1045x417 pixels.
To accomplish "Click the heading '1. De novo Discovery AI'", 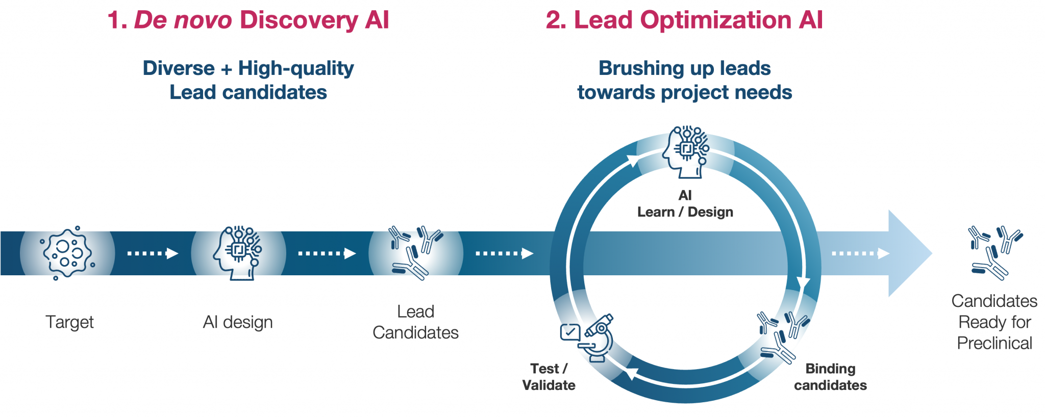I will click(x=248, y=20).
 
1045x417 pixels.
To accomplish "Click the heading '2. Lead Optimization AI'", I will click(x=684, y=20).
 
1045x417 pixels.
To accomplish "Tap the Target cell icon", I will click(x=67, y=253).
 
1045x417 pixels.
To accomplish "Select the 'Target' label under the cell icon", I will click(x=69, y=322).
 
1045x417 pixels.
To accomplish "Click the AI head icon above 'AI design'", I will click(x=238, y=253).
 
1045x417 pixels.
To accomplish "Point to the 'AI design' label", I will click(x=238, y=322).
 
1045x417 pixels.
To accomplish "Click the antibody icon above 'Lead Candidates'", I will click(x=415, y=253).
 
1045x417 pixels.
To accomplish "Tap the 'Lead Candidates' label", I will click(x=415, y=322).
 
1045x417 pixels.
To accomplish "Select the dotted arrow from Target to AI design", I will click(x=153, y=253).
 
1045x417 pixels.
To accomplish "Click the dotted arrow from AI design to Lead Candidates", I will click(x=327, y=253).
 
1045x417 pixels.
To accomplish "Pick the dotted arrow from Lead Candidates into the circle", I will click(x=504, y=253).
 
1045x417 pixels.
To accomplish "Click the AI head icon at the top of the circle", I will click(x=685, y=152).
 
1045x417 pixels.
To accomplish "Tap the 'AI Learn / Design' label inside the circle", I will click(x=685, y=204).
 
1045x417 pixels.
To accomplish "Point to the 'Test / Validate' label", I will click(x=549, y=377).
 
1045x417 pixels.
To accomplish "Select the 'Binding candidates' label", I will click(x=830, y=377).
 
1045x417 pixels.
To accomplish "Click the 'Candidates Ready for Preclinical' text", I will click(x=994, y=322).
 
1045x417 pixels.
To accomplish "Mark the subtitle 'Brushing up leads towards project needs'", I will click(x=684, y=80).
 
